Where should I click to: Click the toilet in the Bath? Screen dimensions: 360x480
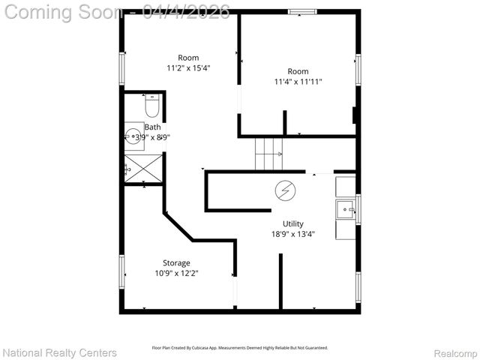click(x=152, y=109)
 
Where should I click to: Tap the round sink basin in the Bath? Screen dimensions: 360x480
click(x=133, y=136)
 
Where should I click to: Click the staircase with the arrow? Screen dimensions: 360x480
click(x=268, y=154)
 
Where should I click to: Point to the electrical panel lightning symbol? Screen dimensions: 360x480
click(x=284, y=190)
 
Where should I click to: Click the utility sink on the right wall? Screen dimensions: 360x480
click(x=346, y=208)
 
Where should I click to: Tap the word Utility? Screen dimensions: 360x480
click(x=293, y=223)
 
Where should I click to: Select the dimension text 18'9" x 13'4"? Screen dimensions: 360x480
click(x=293, y=234)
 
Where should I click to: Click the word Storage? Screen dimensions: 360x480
click(x=176, y=262)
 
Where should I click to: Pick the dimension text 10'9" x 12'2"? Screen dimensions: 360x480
click(x=176, y=273)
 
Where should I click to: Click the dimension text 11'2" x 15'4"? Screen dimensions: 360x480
click(x=188, y=68)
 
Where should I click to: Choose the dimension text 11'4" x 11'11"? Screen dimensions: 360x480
click(x=298, y=82)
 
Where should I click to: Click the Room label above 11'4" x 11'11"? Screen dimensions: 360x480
click(x=298, y=71)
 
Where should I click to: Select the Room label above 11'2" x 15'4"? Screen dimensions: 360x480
click(x=188, y=58)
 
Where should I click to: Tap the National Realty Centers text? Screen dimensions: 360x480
click(x=60, y=352)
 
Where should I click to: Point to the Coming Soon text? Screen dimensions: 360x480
click(x=64, y=12)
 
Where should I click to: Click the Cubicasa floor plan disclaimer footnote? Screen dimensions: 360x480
click(x=240, y=348)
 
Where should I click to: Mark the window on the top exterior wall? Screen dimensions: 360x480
click(x=301, y=12)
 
